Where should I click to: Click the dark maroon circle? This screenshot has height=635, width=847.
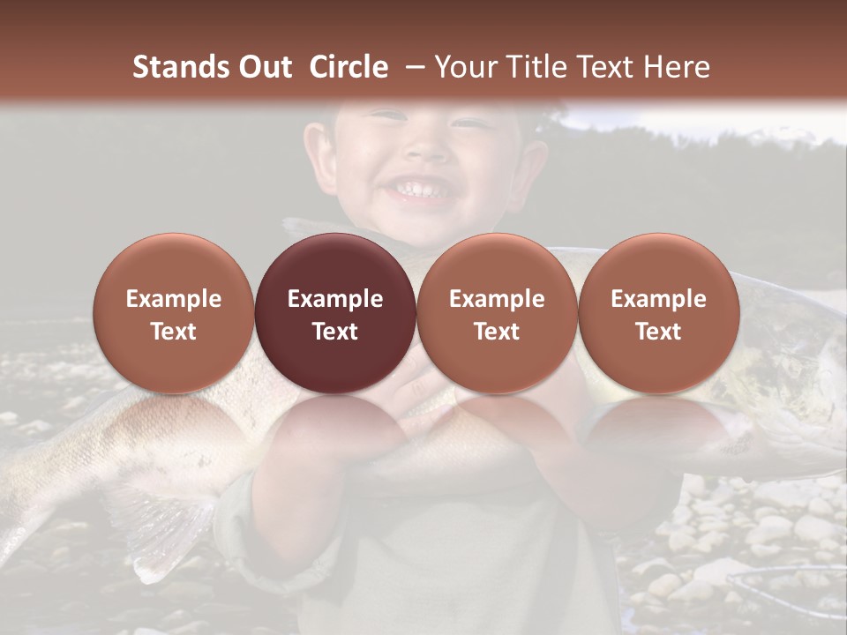[x=335, y=313]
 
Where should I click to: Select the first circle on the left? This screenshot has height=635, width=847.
[x=174, y=313]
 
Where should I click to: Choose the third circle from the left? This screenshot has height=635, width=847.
[x=497, y=313]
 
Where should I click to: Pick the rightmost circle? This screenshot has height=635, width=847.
[x=658, y=313]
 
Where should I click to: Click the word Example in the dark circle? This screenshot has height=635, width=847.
[x=335, y=299]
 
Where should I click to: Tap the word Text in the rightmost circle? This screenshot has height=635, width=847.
[x=658, y=332]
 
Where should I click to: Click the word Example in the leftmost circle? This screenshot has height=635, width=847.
[x=174, y=299]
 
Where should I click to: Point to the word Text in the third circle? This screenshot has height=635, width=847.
[x=497, y=332]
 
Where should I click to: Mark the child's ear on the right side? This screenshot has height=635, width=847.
[x=532, y=159]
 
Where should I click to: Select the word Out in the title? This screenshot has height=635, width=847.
[x=265, y=67]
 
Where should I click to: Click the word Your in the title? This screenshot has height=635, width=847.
[x=464, y=67]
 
